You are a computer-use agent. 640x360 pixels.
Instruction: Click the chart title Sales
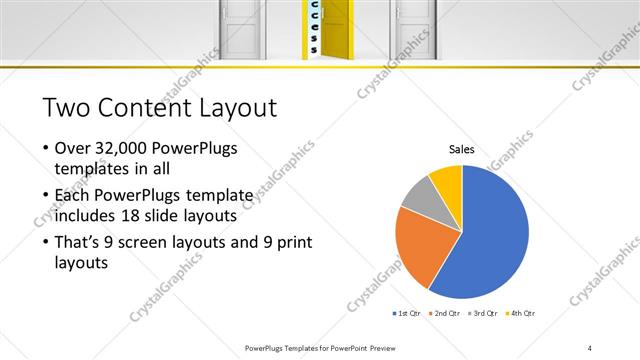pos(461,149)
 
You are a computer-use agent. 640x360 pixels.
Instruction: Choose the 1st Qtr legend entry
pos(408,313)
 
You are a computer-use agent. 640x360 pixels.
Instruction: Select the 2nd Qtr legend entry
pos(445,313)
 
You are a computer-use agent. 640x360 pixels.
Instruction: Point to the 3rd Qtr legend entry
pos(482,313)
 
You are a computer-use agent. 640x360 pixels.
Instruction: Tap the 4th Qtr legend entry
pos(519,313)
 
